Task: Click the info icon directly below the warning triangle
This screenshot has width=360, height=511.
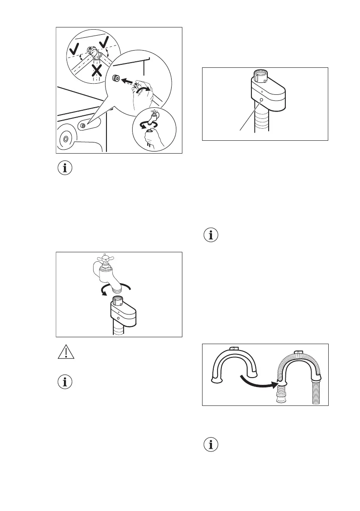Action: (66, 383)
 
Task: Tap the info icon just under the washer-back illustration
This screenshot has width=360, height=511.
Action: (66, 169)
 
